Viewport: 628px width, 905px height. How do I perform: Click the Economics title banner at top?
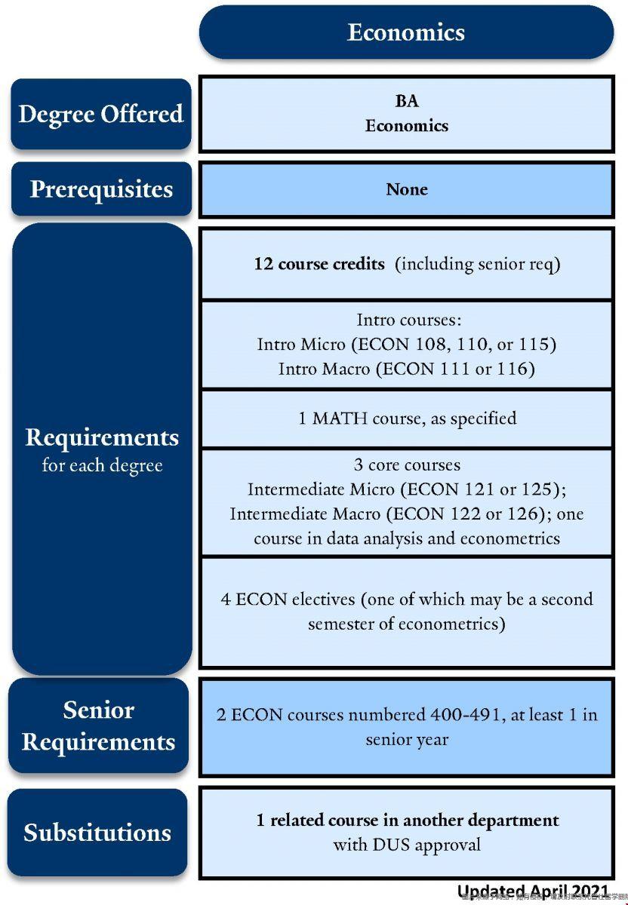click(x=406, y=32)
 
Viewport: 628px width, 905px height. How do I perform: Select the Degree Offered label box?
click(x=101, y=114)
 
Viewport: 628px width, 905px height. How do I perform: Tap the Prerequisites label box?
click(x=101, y=189)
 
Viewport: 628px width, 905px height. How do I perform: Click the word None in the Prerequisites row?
click(x=407, y=189)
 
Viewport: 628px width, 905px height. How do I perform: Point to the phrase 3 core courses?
click(x=407, y=465)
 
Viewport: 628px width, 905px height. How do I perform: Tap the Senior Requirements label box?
click(x=99, y=726)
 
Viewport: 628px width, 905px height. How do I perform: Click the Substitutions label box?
click(x=98, y=833)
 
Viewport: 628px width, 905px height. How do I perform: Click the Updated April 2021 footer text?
click(x=533, y=892)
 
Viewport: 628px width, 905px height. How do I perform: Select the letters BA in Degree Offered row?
click(x=407, y=101)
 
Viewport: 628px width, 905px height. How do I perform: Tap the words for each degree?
click(x=102, y=465)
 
